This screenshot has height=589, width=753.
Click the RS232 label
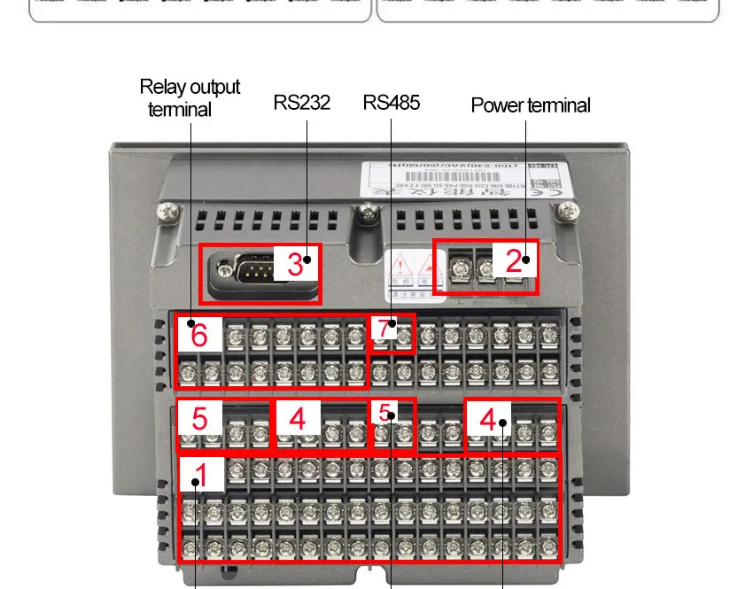pyautogui.click(x=302, y=103)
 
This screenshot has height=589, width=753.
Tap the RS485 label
pyautogui.click(x=392, y=103)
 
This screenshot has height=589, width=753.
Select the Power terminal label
pyautogui.click(x=531, y=105)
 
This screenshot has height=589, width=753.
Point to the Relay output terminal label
pyautogui.click(x=189, y=97)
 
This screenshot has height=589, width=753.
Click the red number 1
pyautogui.click(x=201, y=476)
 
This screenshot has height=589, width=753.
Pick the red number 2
pyautogui.click(x=514, y=260)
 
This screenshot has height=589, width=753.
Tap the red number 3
pyautogui.click(x=293, y=264)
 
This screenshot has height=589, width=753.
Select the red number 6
pyautogui.click(x=199, y=336)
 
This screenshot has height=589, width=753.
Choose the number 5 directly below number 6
pyautogui.click(x=199, y=418)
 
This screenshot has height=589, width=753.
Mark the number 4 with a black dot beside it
pyautogui.click(x=488, y=419)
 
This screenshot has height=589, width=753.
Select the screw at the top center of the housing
pyautogui.click(x=366, y=212)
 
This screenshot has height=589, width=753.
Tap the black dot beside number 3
pyautogui.click(x=307, y=260)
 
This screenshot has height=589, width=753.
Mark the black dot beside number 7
pyautogui.click(x=392, y=324)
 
